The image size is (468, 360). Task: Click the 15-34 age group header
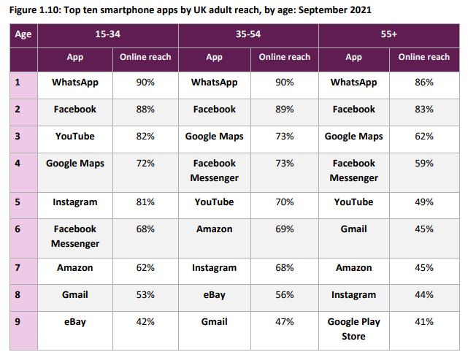108,34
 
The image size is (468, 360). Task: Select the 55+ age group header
388,34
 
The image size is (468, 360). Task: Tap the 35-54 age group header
248,34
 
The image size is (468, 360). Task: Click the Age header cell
23,34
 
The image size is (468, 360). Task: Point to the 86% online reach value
423,83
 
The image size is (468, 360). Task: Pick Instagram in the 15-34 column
74,202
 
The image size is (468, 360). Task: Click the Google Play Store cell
353,329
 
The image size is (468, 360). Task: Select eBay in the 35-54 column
214,295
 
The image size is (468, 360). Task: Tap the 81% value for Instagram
145,202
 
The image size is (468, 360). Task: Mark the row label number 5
18,202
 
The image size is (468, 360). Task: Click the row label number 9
18,322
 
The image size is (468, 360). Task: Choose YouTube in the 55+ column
353,202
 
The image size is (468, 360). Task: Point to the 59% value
423,164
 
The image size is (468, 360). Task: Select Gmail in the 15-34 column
74,295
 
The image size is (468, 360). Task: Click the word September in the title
320,11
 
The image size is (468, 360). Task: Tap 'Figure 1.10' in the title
38,11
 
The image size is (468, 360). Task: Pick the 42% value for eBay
145,322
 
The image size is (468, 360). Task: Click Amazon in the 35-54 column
214,229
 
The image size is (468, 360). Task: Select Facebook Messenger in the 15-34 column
74,236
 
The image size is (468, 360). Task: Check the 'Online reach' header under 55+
423,57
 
